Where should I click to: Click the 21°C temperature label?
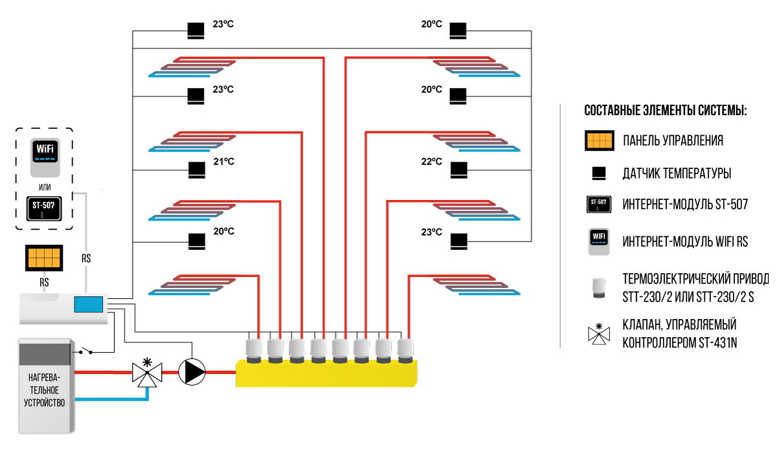(223, 161)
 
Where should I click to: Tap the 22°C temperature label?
(431, 161)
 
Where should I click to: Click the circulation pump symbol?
(192, 371)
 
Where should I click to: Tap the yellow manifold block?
(328, 373)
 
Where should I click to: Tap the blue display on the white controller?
(88, 305)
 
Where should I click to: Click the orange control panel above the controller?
(43, 258)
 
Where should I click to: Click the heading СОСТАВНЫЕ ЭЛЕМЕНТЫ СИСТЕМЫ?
(666, 110)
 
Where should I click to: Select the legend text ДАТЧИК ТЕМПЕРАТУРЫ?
(677, 173)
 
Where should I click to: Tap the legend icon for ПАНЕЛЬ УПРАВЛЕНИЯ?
(600, 140)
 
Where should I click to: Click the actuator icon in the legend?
(600, 286)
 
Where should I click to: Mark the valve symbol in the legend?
(600, 333)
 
